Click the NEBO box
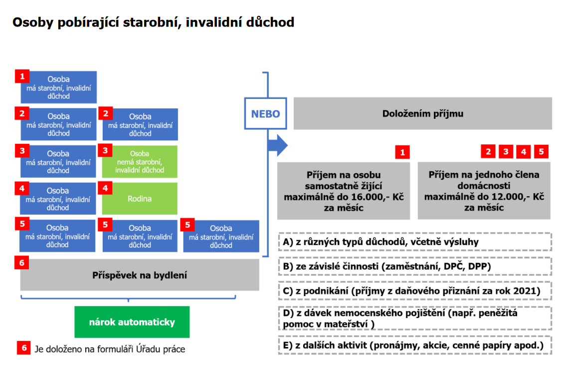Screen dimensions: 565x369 (x=266, y=114)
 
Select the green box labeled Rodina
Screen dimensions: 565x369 (x=140, y=199)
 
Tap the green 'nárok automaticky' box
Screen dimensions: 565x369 (x=132, y=322)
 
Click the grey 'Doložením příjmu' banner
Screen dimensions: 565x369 (x=423, y=114)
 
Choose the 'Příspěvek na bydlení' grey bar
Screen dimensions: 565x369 (x=140, y=275)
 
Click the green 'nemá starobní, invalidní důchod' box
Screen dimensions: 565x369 (x=140, y=162)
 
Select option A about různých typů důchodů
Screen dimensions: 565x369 (x=415, y=242)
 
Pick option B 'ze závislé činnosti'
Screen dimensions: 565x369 (x=415, y=266)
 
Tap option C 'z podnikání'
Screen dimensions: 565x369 (x=415, y=291)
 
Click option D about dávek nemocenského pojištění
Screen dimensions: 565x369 (x=415, y=318)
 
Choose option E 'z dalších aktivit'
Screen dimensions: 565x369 (x=415, y=346)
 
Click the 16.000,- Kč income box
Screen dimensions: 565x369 (x=344, y=191)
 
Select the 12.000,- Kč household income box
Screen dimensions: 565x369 (x=484, y=191)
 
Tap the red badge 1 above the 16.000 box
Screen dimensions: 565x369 (x=402, y=152)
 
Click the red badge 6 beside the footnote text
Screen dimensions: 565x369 (x=24, y=348)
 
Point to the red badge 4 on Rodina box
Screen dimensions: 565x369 (x=105, y=188)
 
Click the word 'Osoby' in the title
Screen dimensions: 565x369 (x=33, y=22)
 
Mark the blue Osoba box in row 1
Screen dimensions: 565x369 (x=59, y=87)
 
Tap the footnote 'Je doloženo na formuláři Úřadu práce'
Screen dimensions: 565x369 (x=110, y=349)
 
